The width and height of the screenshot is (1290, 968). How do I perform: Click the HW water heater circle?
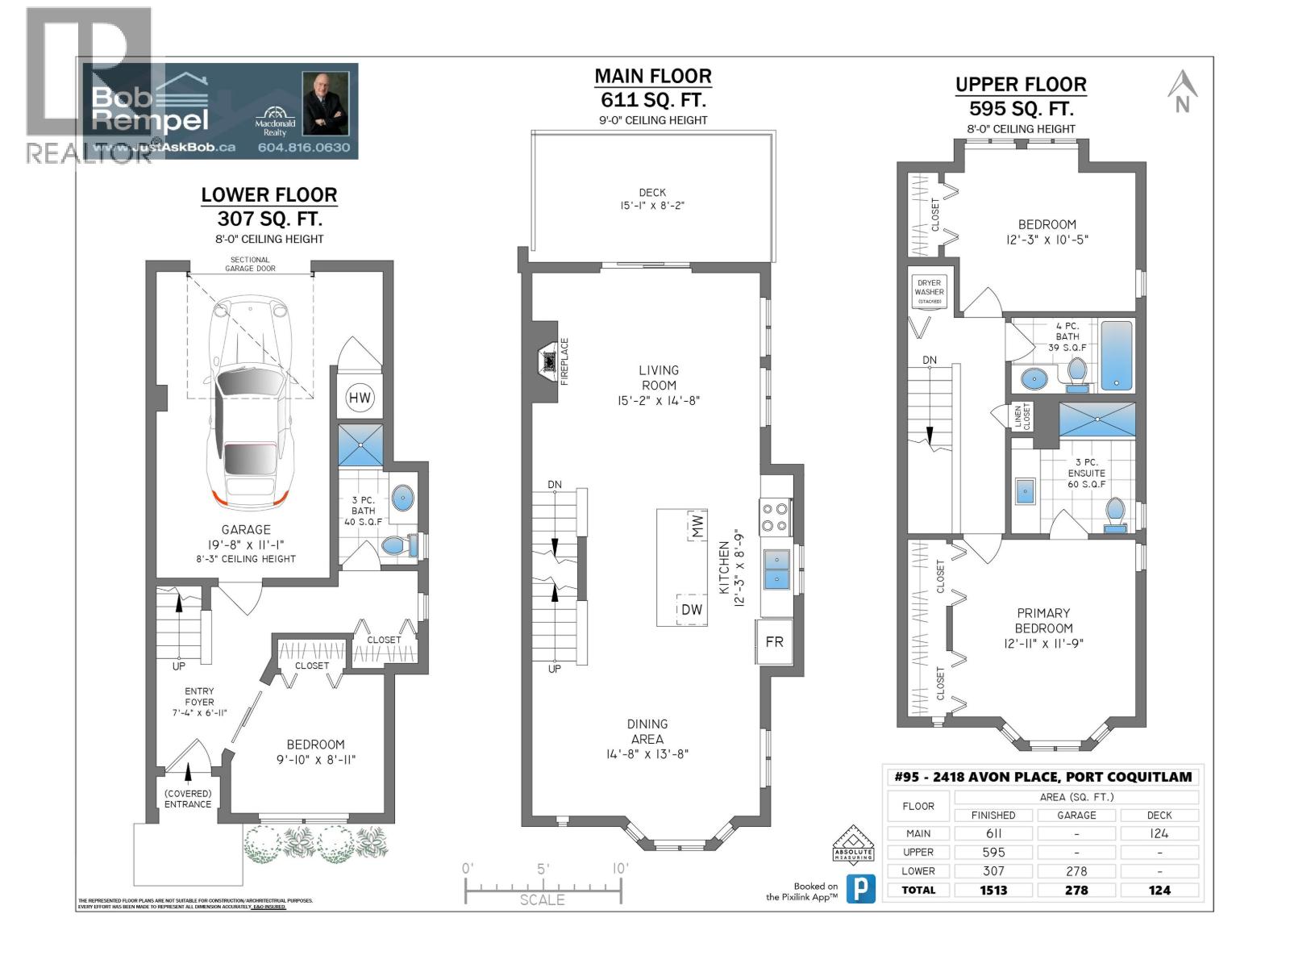tap(360, 397)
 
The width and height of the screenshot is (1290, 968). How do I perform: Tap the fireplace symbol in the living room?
tap(549, 362)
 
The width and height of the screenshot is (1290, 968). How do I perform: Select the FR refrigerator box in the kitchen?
tap(774, 642)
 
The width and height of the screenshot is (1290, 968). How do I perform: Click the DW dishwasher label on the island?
tap(691, 610)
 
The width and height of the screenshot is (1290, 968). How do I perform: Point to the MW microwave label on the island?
tap(697, 527)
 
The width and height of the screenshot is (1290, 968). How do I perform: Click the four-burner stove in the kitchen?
tap(775, 517)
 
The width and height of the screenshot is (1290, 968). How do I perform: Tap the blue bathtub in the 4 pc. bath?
tap(1117, 356)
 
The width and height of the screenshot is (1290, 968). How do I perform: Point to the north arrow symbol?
tap(1182, 91)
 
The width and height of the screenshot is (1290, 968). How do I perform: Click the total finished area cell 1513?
tap(993, 891)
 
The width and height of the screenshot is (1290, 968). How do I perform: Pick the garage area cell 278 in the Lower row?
tap(1076, 871)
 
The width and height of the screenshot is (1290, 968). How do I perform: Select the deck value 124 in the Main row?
tap(1159, 834)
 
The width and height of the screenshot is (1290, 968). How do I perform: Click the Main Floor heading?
tap(653, 77)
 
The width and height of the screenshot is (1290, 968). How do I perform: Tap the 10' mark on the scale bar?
tap(619, 870)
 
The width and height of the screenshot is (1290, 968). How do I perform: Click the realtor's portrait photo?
tap(325, 103)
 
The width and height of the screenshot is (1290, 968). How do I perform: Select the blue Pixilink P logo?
tap(861, 890)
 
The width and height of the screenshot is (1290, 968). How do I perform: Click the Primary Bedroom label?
tap(1043, 620)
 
